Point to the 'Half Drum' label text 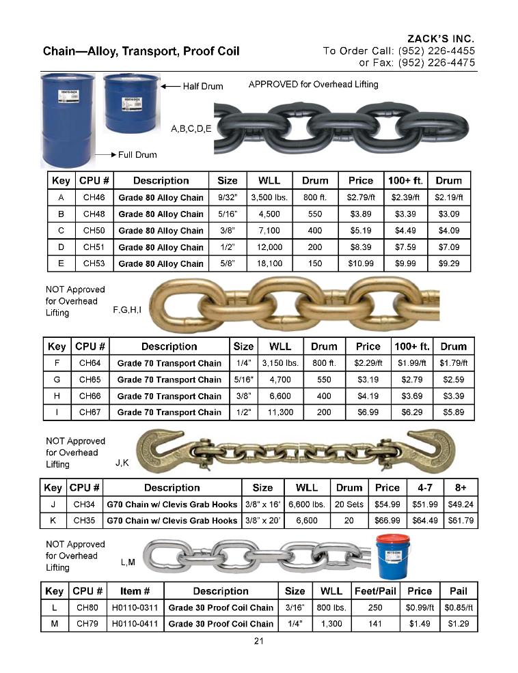click(x=203, y=87)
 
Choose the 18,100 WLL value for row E click(x=269, y=263)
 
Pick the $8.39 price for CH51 click(x=360, y=247)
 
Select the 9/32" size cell click(x=227, y=198)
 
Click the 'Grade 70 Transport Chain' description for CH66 click(x=169, y=396)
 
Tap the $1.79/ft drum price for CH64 click(x=453, y=363)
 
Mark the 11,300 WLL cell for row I click(x=280, y=412)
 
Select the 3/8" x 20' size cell click(x=262, y=520)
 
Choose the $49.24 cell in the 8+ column click(x=461, y=504)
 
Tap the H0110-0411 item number click(x=136, y=624)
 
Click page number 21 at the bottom click(x=259, y=640)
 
